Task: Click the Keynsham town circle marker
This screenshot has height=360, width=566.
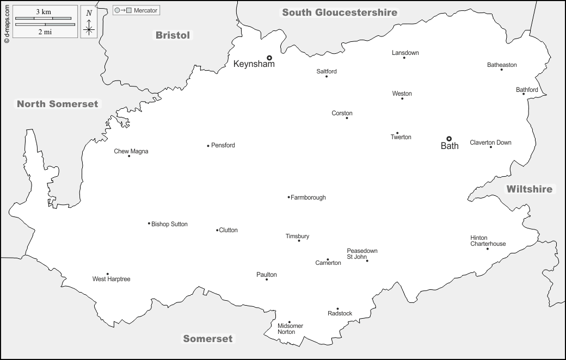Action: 269,57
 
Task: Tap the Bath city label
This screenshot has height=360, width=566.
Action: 450,146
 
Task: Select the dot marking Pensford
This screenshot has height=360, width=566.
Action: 208,146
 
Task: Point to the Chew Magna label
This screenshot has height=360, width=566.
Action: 131,151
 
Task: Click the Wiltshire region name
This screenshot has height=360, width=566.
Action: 529,189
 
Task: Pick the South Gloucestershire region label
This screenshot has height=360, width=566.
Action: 340,13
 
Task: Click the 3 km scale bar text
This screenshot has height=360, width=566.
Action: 44,11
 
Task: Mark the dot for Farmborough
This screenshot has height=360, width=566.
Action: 288,197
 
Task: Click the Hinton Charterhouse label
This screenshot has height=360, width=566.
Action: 488,241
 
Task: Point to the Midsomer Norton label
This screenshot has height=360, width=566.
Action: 290,329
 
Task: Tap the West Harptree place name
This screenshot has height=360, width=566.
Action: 111,279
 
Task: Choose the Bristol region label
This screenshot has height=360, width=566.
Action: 173,35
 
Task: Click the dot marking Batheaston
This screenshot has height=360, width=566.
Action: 501,70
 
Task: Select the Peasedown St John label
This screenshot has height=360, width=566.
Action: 362,254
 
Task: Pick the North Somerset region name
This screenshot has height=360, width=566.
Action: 57,104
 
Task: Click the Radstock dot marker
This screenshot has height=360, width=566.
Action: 337,309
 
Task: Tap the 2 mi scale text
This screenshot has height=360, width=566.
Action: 44,32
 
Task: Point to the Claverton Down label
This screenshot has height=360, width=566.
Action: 490,142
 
